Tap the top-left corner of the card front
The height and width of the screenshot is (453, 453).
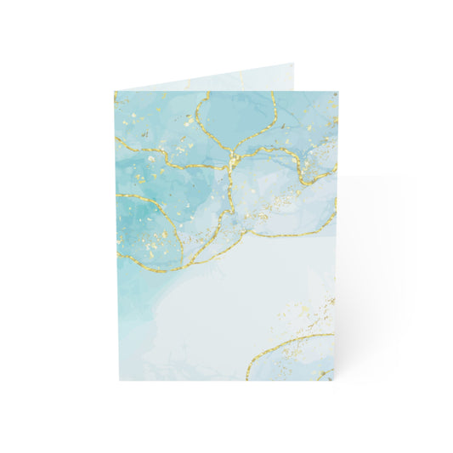tap(116, 92)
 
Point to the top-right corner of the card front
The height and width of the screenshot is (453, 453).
tap(337, 92)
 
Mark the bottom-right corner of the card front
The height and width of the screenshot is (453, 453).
tap(337, 380)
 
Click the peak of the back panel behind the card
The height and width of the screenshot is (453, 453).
tap(294, 62)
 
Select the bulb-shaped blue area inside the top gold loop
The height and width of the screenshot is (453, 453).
tap(235, 115)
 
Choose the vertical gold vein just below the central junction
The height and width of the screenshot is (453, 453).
tap(230, 183)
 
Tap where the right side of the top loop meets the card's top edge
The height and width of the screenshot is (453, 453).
tap(271, 93)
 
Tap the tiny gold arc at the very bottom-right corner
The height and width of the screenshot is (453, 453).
tap(329, 374)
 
